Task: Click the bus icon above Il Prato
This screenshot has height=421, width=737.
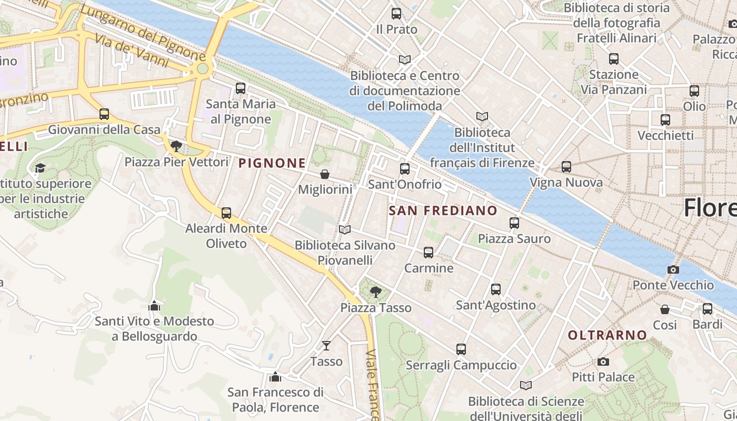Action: (x=396, y=14)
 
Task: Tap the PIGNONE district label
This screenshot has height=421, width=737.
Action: (x=272, y=163)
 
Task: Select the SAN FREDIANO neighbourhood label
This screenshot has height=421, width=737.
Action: (x=443, y=210)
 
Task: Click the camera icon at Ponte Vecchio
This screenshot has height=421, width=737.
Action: (x=673, y=269)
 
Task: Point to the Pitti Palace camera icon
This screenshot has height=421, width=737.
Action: (x=603, y=362)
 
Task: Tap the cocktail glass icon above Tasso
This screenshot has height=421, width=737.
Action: (x=326, y=346)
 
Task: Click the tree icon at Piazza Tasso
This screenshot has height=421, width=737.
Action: (x=375, y=292)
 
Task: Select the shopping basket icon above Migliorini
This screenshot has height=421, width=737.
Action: (x=325, y=174)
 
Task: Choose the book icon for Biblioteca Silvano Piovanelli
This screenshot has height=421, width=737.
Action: (x=345, y=229)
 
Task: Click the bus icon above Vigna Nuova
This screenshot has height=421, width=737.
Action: (x=566, y=167)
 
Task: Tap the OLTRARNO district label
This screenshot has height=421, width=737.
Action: (x=607, y=335)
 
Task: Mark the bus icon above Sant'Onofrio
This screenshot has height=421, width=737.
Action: (x=405, y=168)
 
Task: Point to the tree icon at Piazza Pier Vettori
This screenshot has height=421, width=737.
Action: (x=176, y=146)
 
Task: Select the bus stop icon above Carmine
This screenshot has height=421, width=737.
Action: (x=429, y=253)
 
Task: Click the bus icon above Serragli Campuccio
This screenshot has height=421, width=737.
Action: (x=461, y=349)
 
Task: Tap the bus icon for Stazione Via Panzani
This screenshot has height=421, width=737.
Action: (x=614, y=59)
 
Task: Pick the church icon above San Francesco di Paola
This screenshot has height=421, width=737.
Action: (x=275, y=377)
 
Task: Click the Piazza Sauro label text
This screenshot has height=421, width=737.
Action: (x=514, y=239)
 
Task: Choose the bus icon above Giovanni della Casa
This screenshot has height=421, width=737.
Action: (x=104, y=114)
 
